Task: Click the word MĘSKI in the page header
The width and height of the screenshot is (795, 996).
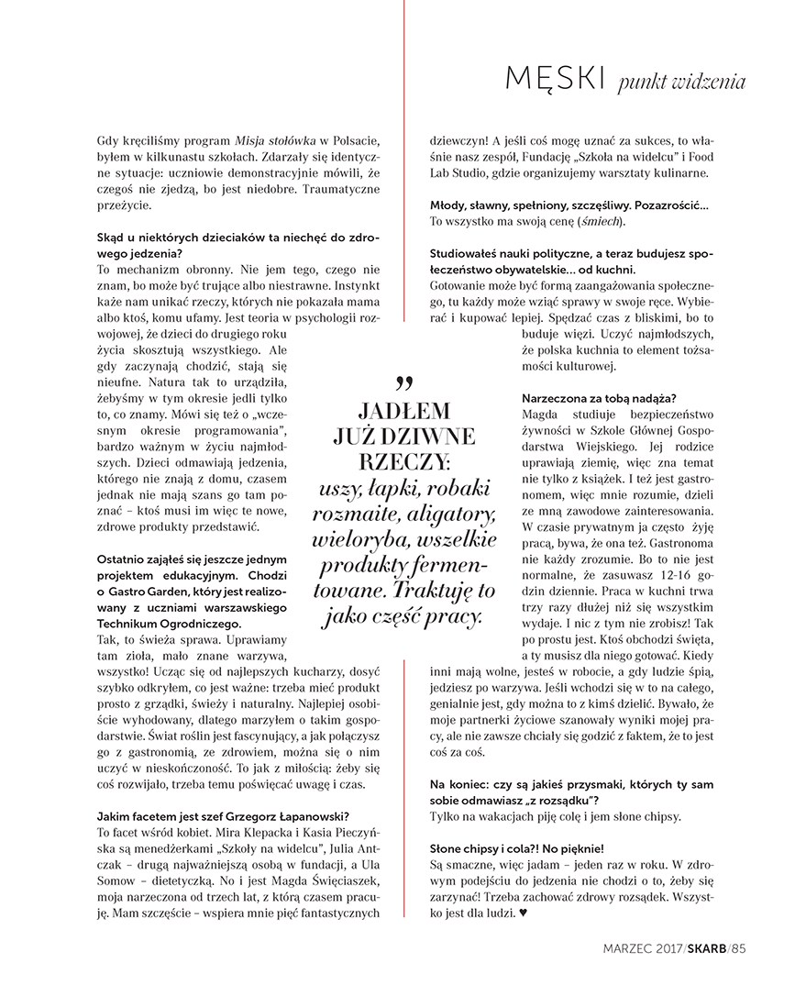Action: click(x=554, y=80)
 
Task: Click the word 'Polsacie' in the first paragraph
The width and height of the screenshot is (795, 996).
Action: click(x=354, y=138)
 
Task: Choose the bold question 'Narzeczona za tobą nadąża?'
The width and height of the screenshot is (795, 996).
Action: click(x=599, y=397)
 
